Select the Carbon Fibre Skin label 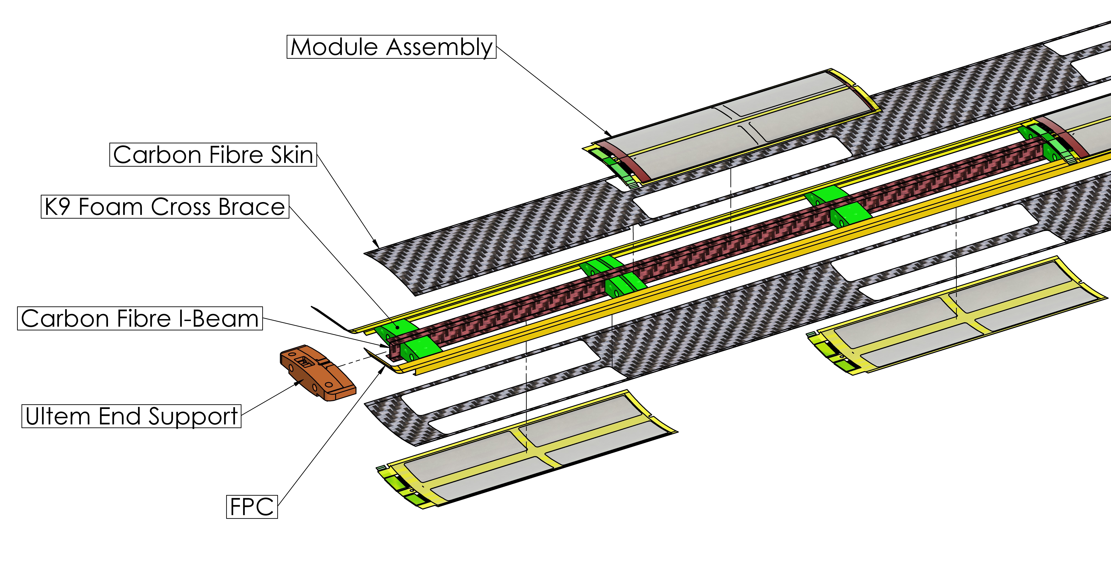[x=213, y=155]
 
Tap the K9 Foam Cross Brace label [x=165, y=207]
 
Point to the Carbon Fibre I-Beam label [x=140, y=319]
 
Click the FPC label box [x=252, y=507]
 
